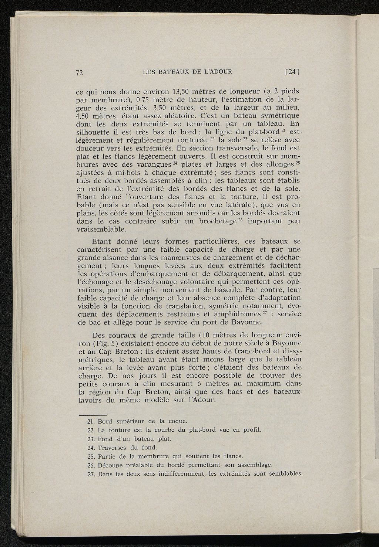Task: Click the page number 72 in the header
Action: (78, 73)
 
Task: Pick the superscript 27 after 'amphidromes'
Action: (265, 313)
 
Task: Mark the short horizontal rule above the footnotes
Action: (93, 415)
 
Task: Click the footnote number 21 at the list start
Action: (91, 421)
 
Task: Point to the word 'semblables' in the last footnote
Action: (285, 474)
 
